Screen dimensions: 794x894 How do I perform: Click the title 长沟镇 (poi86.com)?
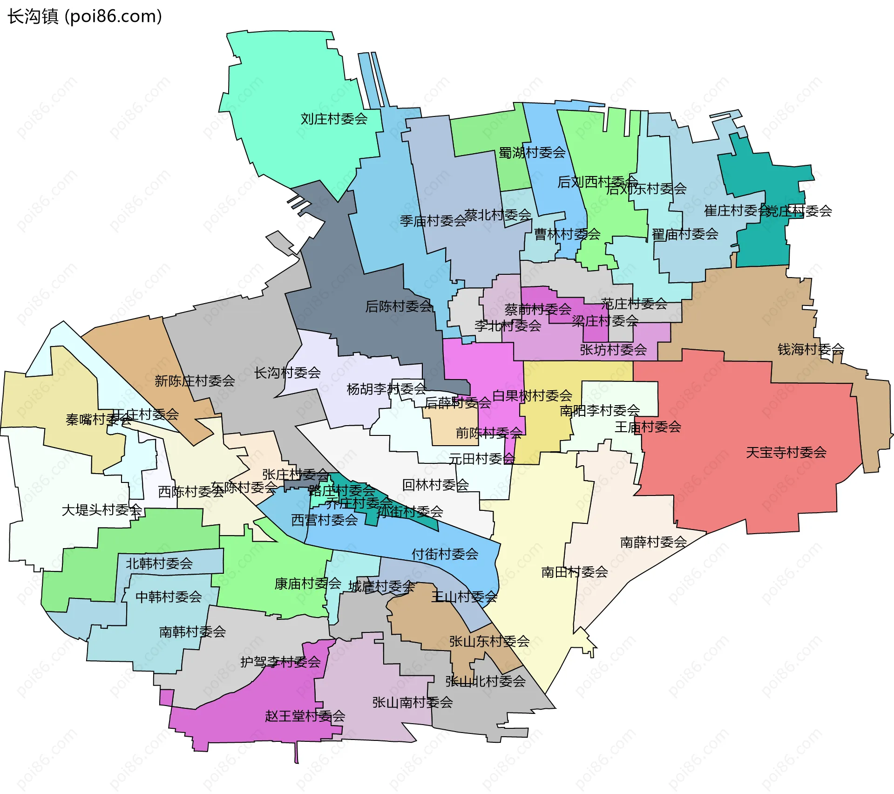tap(85, 16)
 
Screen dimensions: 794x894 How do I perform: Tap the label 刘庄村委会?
tap(334, 119)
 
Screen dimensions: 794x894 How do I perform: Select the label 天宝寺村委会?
tap(786, 452)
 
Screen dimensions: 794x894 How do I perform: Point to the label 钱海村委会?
tap(811, 349)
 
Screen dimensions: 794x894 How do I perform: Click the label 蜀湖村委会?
tap(532, 153)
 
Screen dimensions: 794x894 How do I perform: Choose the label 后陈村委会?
tap(399, 306)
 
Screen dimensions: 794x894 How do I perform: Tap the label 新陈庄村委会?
tap(195, 381)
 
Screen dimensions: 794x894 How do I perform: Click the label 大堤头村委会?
tap(102, 510)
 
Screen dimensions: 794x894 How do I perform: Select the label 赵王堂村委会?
tap(305, 716)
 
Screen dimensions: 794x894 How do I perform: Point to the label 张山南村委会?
tap(413, 702)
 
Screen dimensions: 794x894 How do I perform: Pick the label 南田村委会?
tap(575, 572)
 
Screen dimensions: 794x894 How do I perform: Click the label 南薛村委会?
tap(653, 542)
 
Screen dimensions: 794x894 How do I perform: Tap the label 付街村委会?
tap(445, 554)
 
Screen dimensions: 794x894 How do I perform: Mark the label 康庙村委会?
tap(308, 584)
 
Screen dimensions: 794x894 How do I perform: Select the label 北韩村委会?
tap(159, 564)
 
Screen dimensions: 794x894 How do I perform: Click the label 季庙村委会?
tap(433, 221)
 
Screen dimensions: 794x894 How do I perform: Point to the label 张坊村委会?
tap(613, 350)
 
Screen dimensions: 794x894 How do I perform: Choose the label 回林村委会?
tap(435, 485)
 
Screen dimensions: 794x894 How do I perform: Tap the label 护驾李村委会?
tap(280, 662)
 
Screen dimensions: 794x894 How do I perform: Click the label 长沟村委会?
tap(287, 373)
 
